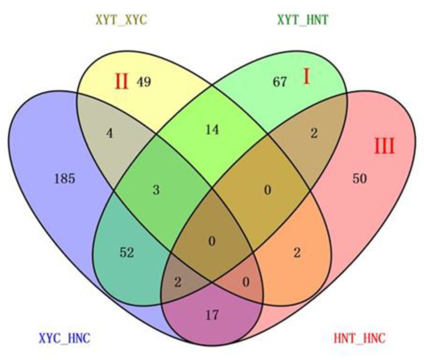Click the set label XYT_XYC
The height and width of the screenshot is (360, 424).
pos(121,20)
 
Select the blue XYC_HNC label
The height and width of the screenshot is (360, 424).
pos(64,338)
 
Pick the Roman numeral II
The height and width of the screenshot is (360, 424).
pos(121,81)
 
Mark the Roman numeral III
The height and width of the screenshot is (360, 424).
pos(384,145)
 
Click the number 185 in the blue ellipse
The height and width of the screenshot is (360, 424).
pos(64,179)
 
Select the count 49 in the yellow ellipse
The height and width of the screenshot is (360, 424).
pos(143,82)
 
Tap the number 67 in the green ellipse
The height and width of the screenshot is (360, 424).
pos(280,82)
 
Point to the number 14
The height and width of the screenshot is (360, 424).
pos(212,130)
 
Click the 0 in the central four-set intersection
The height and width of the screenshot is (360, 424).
pos(212,240)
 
